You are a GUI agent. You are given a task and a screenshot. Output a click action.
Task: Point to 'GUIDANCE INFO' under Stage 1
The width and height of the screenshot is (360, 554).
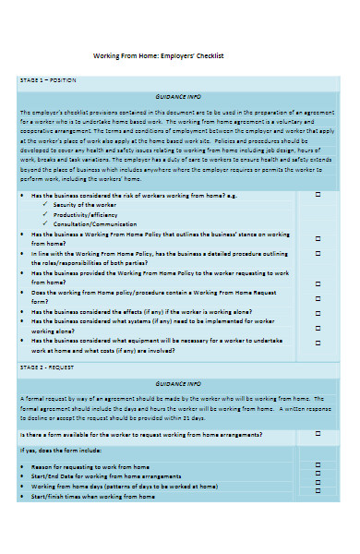179,96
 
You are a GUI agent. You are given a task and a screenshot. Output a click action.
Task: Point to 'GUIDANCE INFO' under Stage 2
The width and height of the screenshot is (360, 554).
179,382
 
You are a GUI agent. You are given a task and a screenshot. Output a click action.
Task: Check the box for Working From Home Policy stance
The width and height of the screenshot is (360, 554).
318,239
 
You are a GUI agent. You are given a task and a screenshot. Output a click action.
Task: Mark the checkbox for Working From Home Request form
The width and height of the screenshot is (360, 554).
318,297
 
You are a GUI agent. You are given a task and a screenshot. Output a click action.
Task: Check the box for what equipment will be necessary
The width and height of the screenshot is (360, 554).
318,343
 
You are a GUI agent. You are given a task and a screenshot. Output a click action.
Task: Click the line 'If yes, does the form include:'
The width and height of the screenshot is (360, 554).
61,450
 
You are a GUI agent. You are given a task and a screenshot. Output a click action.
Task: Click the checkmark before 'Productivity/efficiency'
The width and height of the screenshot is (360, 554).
46,214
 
